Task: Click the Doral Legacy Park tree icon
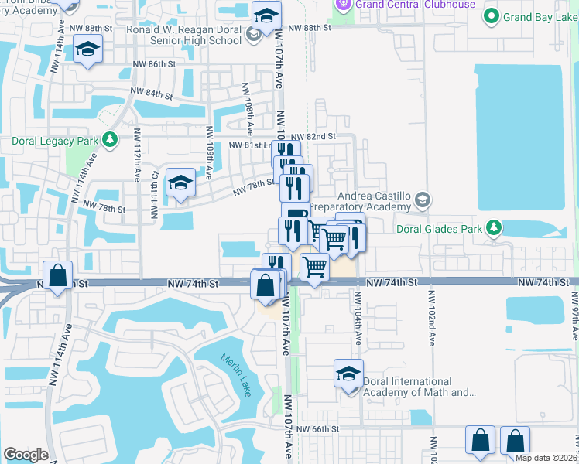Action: [x=110, y=140]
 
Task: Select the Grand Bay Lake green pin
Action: [x=490, y=15]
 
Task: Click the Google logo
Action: [x=26, y=455]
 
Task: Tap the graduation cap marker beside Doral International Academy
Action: [x=348, y=374]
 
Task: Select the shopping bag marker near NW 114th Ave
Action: [x=58, y=275]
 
